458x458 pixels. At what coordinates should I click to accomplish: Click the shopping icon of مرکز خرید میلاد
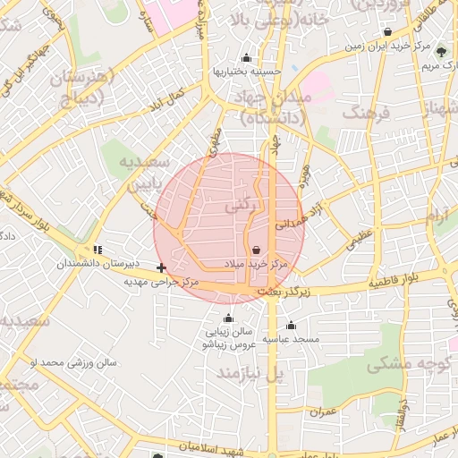pyautogui.click(x=257, y=250)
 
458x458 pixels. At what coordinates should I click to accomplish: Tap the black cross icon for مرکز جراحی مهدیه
pyautogui.click(x=161, y=267)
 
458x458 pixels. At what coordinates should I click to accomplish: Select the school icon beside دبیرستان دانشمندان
pyautogui.click(x=98, y=250)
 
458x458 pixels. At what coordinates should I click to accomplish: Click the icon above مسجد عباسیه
pyautogui.click(x=291, y=326)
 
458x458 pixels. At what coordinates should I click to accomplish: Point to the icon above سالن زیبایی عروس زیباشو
pyautogui.click(x=228, y=318)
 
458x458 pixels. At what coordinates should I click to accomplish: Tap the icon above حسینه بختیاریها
pyautogui.click(x=246, y=58)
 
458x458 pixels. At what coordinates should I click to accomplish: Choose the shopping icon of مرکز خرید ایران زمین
pyautogui.click(x=386, y=31)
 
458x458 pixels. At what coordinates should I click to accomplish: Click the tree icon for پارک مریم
pyautogui.click(x=440, y=51)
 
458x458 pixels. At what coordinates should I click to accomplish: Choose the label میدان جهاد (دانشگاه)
pyautogui.click(x=272, y=106)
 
